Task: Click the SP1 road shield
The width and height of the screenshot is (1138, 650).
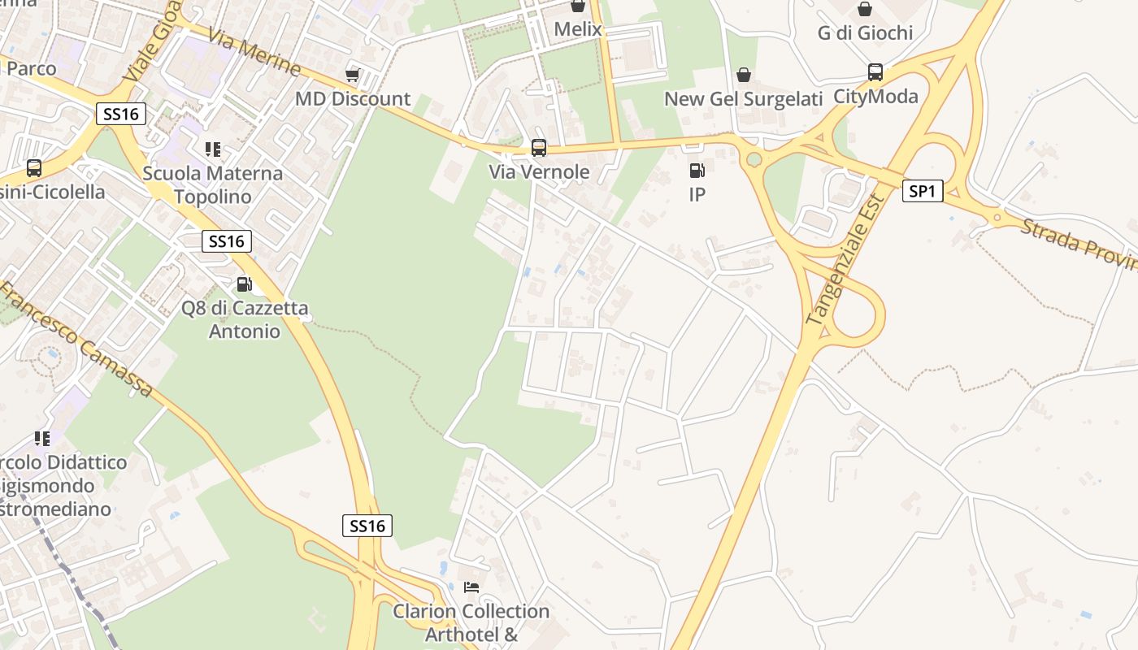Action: (923, 191)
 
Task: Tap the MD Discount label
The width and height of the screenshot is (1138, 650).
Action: (352, 99)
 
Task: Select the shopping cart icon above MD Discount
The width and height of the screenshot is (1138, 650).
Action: (352, 75)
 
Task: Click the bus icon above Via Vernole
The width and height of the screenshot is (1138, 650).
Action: (539, 148)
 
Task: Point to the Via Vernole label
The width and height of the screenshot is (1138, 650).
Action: (539, 172)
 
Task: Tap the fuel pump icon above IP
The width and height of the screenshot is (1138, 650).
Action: (697, 171)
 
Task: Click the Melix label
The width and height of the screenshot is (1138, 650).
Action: (578, 30)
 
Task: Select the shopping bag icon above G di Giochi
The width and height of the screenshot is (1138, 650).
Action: (865, 10)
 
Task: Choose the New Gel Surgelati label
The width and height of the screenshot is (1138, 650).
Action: (744, 99)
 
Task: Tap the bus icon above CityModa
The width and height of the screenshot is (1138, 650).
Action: (875, 72)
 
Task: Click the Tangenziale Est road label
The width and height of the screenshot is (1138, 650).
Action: (845, 260)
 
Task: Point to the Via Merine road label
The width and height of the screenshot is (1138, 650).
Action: (254, 52)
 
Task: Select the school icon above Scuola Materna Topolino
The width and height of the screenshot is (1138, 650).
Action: (213, 149)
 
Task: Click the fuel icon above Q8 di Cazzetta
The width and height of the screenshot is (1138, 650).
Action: (244, 284)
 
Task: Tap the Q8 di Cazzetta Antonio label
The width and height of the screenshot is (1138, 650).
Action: (245, 320)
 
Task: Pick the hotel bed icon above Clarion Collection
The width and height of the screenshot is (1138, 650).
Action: (471, 587)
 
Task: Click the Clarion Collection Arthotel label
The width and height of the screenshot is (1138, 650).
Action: (471, 622)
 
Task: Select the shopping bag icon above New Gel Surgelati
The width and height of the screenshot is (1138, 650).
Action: (744, 75)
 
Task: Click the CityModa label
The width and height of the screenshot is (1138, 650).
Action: (875, 97)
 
